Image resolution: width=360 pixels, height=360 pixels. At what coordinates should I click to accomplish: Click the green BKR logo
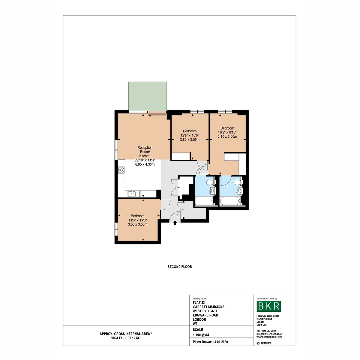[x=268, y=306]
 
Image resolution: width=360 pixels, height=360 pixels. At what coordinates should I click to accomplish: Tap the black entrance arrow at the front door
[x=175, y=223]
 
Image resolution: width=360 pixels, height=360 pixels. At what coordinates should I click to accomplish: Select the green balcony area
[x=148, y=96]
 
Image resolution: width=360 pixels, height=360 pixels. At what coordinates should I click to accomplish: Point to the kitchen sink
[x=133, y=194]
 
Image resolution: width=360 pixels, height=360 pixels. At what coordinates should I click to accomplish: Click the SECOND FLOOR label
[x=179, y=267]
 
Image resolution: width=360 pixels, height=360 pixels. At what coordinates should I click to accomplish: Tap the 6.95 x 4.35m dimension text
[x=145, y=164]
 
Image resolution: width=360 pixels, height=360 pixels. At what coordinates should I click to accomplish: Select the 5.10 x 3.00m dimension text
[x=227, y=136]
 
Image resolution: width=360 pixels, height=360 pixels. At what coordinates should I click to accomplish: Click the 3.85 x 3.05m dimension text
[x=190, y=139]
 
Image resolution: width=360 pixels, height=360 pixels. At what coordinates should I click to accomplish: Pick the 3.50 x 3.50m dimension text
[x=137, y=224]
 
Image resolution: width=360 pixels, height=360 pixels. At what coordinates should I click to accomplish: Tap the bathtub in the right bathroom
[x=230, y=201]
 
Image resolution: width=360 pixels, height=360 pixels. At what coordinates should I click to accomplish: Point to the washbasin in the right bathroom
[x=240, y=191]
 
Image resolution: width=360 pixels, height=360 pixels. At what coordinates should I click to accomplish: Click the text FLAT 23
[x=199, y=302]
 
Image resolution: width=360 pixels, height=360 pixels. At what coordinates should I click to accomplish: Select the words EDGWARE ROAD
[x=205, y=315]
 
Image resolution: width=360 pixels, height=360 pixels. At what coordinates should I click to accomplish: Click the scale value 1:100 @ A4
[x=201, y=335]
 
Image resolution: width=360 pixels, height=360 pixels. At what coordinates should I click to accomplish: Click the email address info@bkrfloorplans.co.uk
[x=269, y=334]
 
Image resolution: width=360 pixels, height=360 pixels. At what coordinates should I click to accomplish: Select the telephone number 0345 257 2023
[x=268, y=331]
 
